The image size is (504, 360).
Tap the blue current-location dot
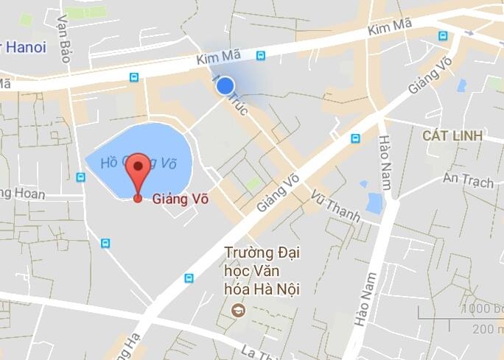[225, 86]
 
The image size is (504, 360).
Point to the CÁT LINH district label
[452, 136]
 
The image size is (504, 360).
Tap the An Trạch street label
[468, 180]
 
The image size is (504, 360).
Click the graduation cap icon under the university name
[239, 311]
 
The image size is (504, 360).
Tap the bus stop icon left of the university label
[189, 278]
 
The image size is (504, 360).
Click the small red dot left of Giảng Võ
[138, 198]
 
